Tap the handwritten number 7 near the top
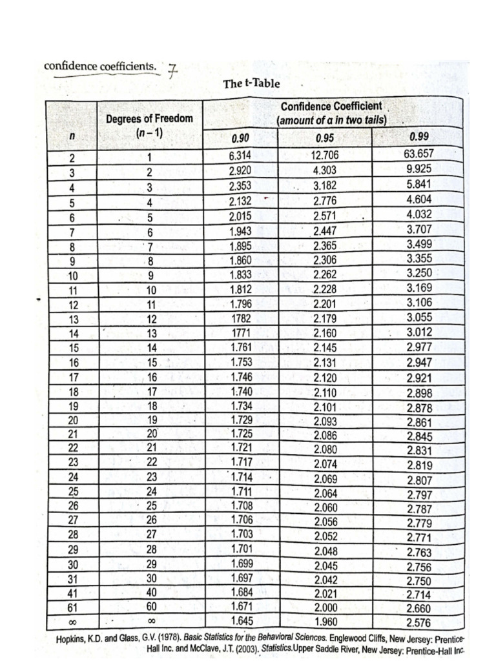[x=172, y=70]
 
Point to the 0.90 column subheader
[x=240, y=137]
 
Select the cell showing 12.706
[x=325, y=155]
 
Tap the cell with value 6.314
[x=240, y=155]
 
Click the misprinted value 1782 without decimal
[x=240, y=318]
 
